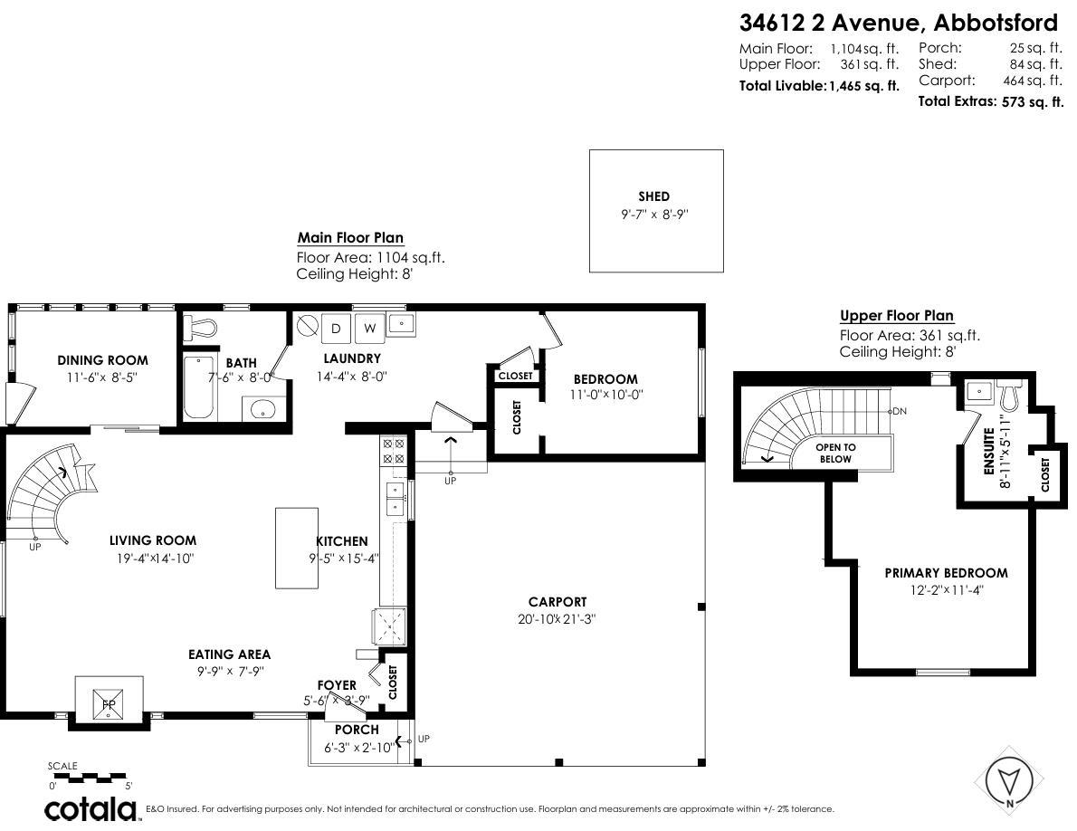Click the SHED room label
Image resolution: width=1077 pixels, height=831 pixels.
[x=653, y=196]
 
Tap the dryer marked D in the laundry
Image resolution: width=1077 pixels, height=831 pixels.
[x=335, y=328]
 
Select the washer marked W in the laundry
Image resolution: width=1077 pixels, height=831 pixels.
[x=369, y=328]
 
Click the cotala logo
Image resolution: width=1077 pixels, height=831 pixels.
[x=92, y=807]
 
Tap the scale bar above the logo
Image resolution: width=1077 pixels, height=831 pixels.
[x=89, y=778]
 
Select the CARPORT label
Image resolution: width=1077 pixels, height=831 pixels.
[x=558, y=602]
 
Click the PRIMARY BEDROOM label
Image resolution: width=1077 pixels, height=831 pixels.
[x=946, y=573]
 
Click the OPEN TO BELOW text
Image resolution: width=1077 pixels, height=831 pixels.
[x=834, y=453]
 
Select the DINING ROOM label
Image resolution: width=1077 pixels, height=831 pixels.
[x=102, y=360]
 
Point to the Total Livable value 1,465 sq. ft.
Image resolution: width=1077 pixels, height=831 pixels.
[x=863, y=86]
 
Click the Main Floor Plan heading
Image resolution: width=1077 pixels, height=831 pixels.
[x=350, y=238]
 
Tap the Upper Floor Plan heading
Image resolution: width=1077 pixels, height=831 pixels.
[x=896, y=316]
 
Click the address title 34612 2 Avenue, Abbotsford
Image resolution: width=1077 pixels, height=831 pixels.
[x=898, y=21]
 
